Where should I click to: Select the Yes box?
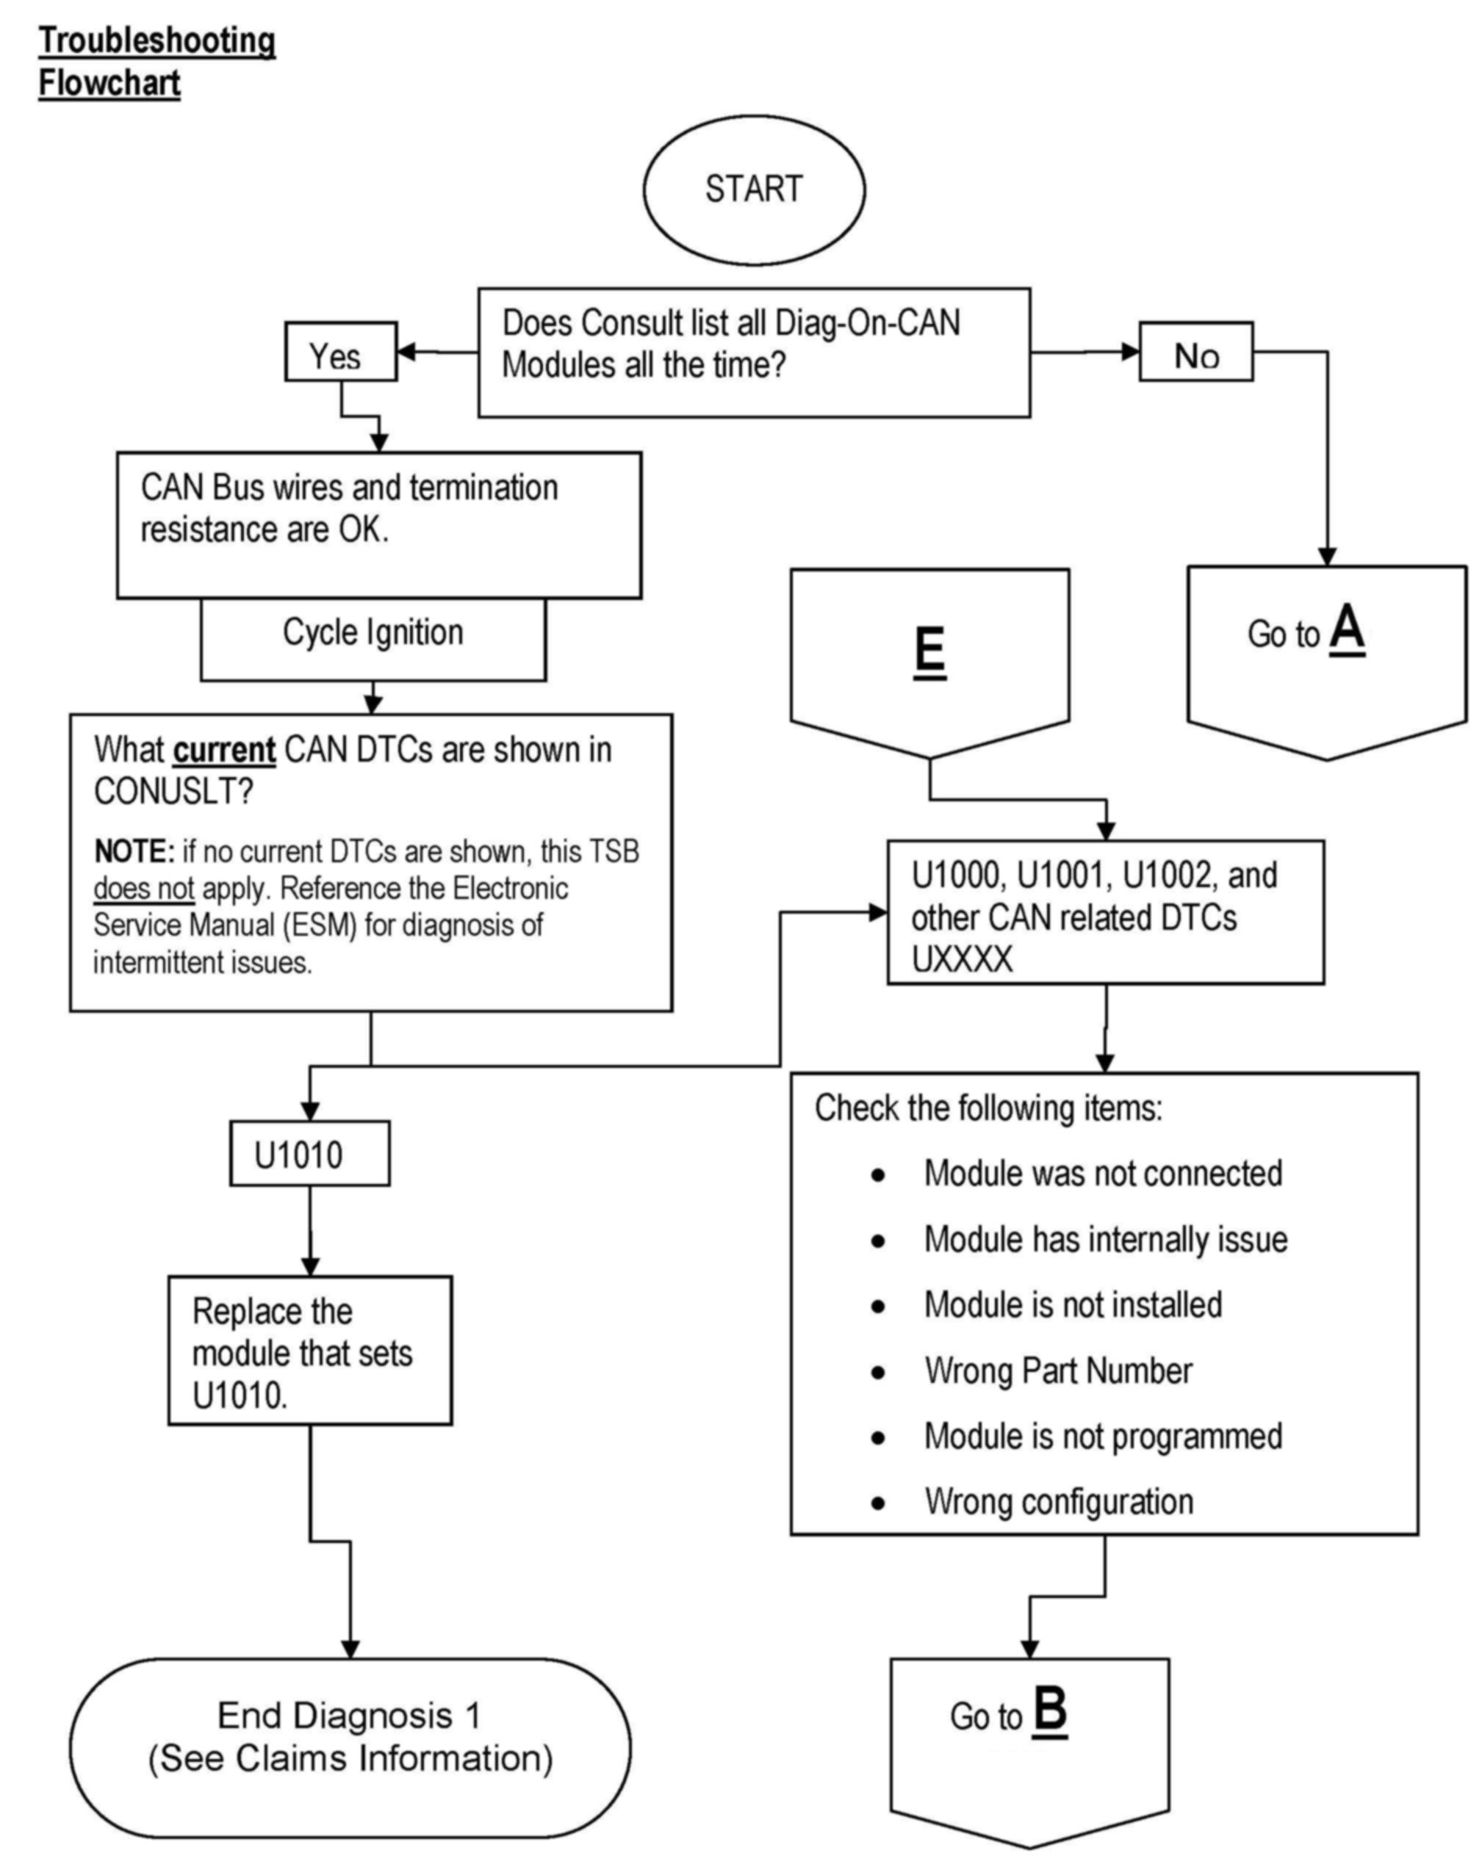point(341,351)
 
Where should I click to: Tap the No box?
point(1195,351)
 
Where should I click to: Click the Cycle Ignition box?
point(373,639)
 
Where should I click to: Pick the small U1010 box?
point(310,1154)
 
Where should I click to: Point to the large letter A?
point(1347,629)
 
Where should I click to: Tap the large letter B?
point(1050,1712)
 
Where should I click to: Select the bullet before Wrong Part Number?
point(878,1372)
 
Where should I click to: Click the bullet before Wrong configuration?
point(878,1503)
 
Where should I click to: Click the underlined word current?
point(225,750)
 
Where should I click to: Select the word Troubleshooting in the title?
point(157,41)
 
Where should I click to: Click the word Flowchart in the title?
point(109,83)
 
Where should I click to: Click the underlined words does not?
point(144,889)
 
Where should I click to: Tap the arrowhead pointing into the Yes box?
point(405,352)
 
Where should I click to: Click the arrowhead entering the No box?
point(1131,351)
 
